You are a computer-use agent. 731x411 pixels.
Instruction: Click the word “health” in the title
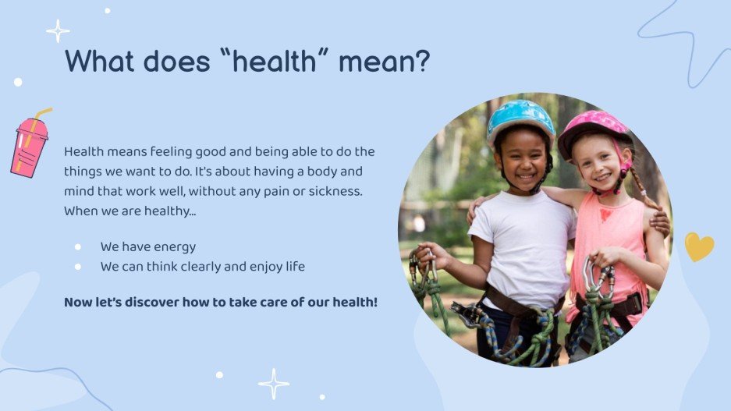274,61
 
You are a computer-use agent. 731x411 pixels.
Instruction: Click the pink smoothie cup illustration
30,143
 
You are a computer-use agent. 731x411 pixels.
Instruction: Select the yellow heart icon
699,246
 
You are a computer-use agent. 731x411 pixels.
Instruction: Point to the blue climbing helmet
520,120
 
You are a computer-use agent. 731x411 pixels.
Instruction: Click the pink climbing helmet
593,130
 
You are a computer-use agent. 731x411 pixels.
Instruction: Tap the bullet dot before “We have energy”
78,247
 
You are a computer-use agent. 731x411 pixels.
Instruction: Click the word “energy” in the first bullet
174,248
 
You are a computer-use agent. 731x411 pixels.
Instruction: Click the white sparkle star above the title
58,31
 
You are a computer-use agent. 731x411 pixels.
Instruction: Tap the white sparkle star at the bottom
274,384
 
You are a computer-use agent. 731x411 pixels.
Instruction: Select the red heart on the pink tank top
606,214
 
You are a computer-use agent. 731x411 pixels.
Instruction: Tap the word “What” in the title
99,61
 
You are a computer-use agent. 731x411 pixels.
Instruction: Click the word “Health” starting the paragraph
82,152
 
